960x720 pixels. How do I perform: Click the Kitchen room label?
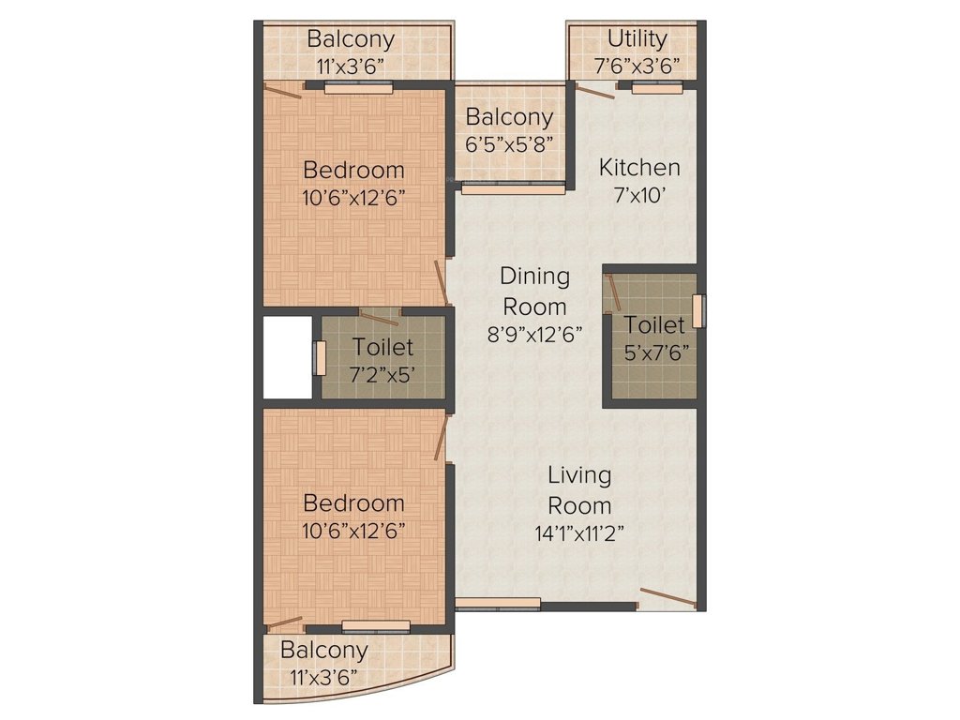click(x=639, y=168)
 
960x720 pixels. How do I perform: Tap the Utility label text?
click(x=637, y=39)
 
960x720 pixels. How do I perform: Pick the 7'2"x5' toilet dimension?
click(x=382, y=374)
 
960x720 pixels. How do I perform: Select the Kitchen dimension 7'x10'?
click(x=639, y=198)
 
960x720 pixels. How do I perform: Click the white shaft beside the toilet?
click(x=287, y=357)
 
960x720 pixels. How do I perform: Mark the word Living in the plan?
click(x=579, y=475)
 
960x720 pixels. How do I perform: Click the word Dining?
click(x=534, y=277)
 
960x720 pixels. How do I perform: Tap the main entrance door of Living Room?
click(x=667, y=597)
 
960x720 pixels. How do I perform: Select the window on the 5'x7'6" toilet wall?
click(x=697, y=311)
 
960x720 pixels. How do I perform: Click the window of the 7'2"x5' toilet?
click(x=319, y=357)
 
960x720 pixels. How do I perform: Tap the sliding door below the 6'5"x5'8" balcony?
click(x=513, y=187)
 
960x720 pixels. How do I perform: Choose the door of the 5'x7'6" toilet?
click(x=613, y=292)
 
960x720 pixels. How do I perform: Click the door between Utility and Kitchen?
click(x=594, y=91)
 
